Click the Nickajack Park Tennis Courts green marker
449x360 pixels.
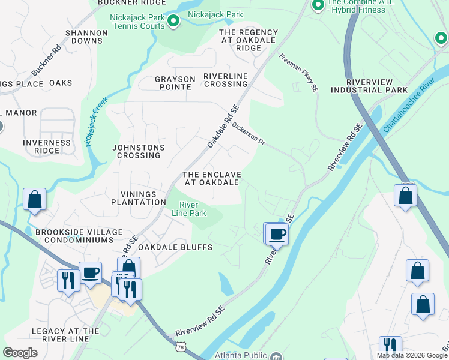(x=173, y=22)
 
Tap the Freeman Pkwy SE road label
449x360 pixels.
(x=298, y=73)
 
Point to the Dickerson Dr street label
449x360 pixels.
(x=249, y=134)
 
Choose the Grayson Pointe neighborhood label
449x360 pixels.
(x=175, y=83)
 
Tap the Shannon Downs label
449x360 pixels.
(x=87, y=37)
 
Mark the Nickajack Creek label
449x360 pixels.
(x=96, y=122)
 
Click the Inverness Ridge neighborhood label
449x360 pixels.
(x=47, y=146)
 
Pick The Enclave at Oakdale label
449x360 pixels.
(x=212, y=178)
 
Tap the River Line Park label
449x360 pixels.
(x=190, y=209)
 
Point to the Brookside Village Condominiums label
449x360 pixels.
(x=79, y=236)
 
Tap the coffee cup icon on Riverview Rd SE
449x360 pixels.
(x=277, y=234)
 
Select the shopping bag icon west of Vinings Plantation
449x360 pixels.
(x=35, y=199)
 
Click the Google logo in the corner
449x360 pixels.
(x=20, y=353)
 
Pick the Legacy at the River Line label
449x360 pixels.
(x=65, y=335)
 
